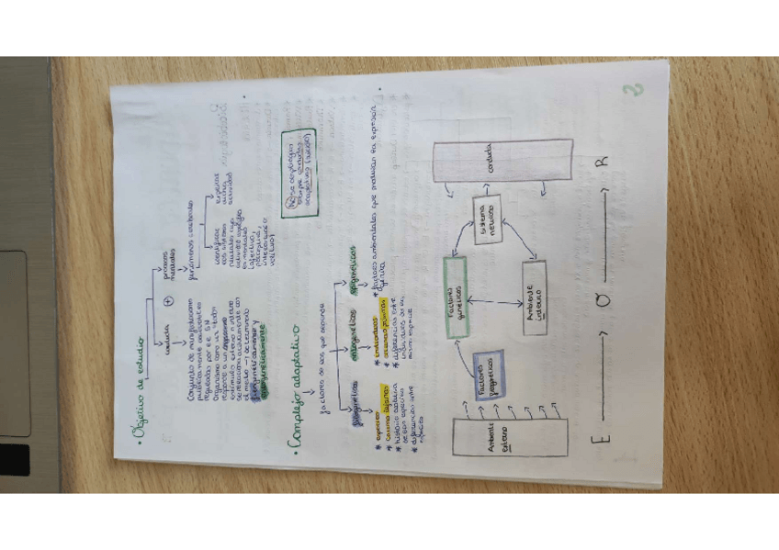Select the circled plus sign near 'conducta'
point(167,302)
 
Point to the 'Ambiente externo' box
point(511,438)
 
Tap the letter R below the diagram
point(604,162)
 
